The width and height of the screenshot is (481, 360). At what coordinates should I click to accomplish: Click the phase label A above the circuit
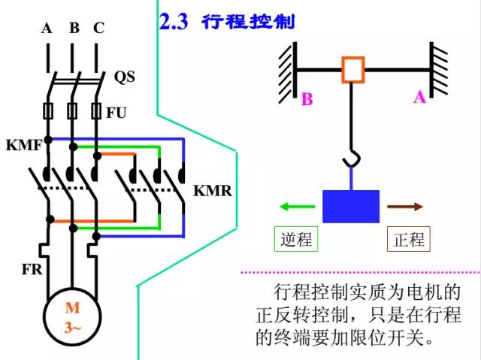(47, 29)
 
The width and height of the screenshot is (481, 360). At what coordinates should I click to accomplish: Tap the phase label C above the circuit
(98, 29)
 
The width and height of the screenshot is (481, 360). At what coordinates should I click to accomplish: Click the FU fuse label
(116, 113)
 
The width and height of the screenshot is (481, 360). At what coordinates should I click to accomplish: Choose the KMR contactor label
(213, 190)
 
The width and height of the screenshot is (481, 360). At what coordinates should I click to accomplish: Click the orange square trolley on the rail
(352, 69)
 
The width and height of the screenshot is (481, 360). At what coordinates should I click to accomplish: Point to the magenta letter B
(307, 98)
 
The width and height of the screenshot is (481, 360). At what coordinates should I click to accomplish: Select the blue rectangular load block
(351, 206)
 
